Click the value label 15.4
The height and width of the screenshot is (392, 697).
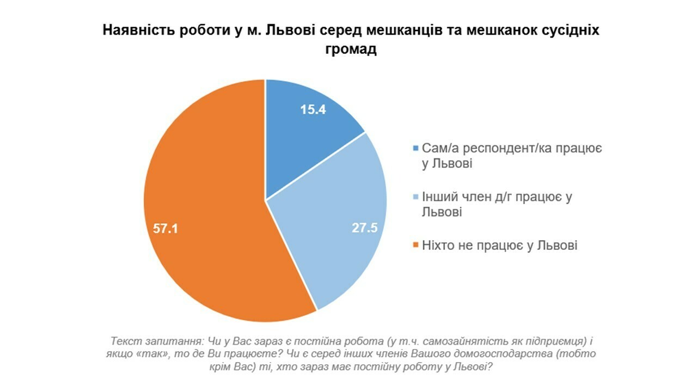pos(313,109)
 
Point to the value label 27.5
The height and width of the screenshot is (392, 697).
pos(364,228)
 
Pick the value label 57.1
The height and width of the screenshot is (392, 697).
pos(166,229)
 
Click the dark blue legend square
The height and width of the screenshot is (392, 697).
pos(417,148)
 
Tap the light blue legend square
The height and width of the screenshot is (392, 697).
pos(417,197)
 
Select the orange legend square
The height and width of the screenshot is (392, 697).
pos(417,246)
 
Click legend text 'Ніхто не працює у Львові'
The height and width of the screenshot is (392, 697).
pos(499,246)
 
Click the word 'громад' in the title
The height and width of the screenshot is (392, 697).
pos(348,49)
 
